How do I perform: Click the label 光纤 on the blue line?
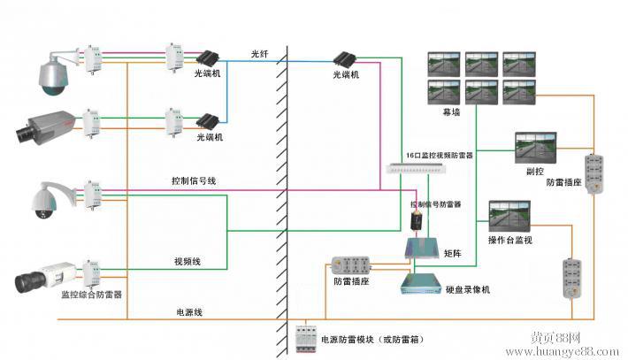coord(258,53)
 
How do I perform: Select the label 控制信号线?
coord(193,180)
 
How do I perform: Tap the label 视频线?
coord(188,262)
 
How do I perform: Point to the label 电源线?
coord(188,312)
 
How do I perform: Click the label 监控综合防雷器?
coord(91,294)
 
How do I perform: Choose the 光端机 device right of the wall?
coord(346,60)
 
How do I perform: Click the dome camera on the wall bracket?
coord(53,73)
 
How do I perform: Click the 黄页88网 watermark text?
coord(555,338)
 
